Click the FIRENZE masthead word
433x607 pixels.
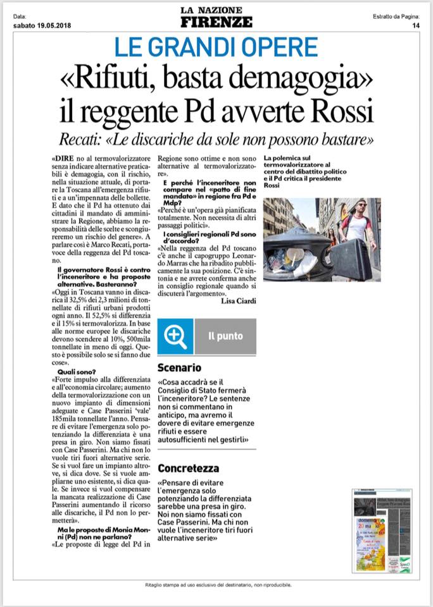coord(216,22)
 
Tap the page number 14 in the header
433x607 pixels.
coord(416,25)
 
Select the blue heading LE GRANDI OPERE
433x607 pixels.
coord(216,48)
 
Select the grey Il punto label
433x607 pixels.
coord(225,336)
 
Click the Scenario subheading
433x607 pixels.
coord(180,367)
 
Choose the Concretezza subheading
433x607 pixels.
coord(189,469)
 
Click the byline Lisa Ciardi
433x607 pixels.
coord(239,300)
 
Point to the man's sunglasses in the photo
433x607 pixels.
coord(361,207)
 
